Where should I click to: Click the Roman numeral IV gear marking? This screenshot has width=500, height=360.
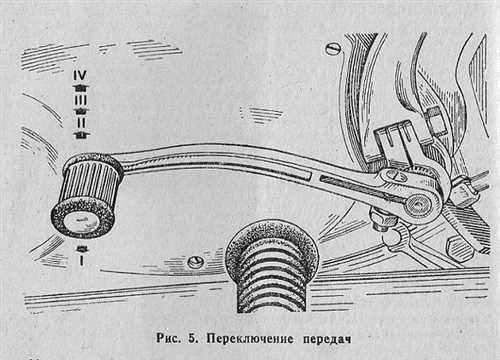pos(81,75)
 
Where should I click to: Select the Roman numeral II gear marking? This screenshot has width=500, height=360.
pos(81,120)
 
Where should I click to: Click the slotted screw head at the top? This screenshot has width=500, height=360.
pos(333,47)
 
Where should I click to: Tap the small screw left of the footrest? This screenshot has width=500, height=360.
pos(197,262)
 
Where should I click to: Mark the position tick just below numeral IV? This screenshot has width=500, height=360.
pos(81,87)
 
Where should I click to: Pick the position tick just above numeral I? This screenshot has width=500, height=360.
pos(81,245)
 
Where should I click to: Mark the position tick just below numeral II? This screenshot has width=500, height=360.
pos(81,133)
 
